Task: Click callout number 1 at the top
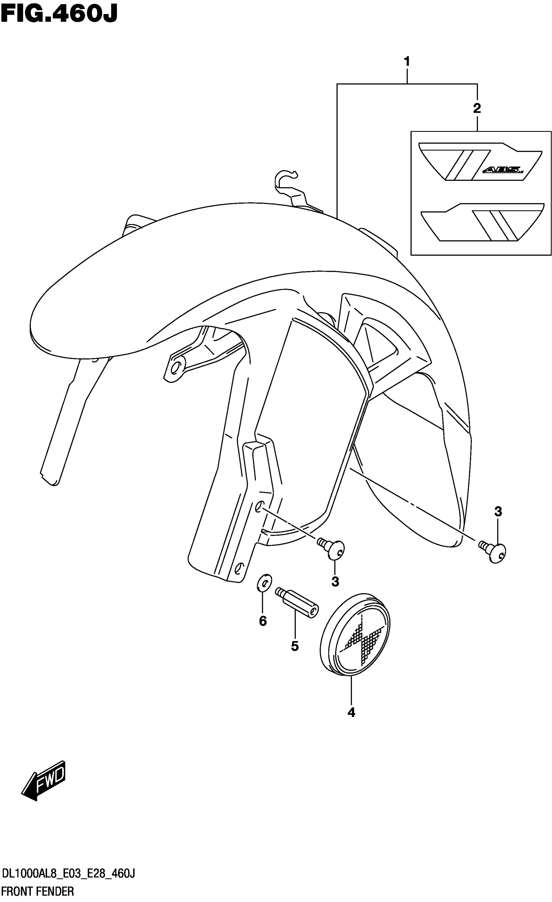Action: pos(407,61)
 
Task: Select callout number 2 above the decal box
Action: pos(477,108)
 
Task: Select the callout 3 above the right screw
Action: pos(498,512)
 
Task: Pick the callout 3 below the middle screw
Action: pos(335,582)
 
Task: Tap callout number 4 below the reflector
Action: pos(351,712)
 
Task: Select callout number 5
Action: pos(295,646)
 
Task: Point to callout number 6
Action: pos(262,621)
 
